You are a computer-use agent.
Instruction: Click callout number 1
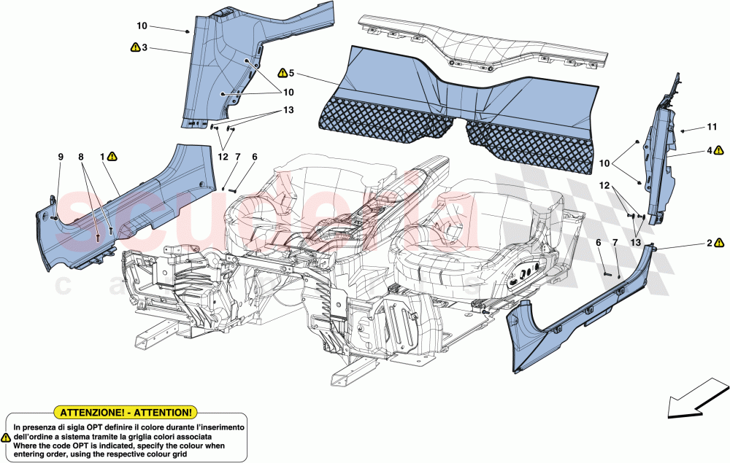click(x=103, y=156)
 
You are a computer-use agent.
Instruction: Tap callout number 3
click(x=145, y=47)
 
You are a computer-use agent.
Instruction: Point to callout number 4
click(x=708, y=151)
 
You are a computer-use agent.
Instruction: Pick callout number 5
click(x=291, y=73)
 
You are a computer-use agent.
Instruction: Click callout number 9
click(x=61, y=156)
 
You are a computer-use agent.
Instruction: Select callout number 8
click(x=82, y=156)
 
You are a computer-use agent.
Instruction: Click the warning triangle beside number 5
click(x=281, y=73)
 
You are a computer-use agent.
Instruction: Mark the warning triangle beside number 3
click(x=134, y=47)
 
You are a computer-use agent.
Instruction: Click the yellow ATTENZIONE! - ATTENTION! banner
click(x=126, y=412)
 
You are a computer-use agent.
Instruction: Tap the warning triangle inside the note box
click(x=7, y=437)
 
